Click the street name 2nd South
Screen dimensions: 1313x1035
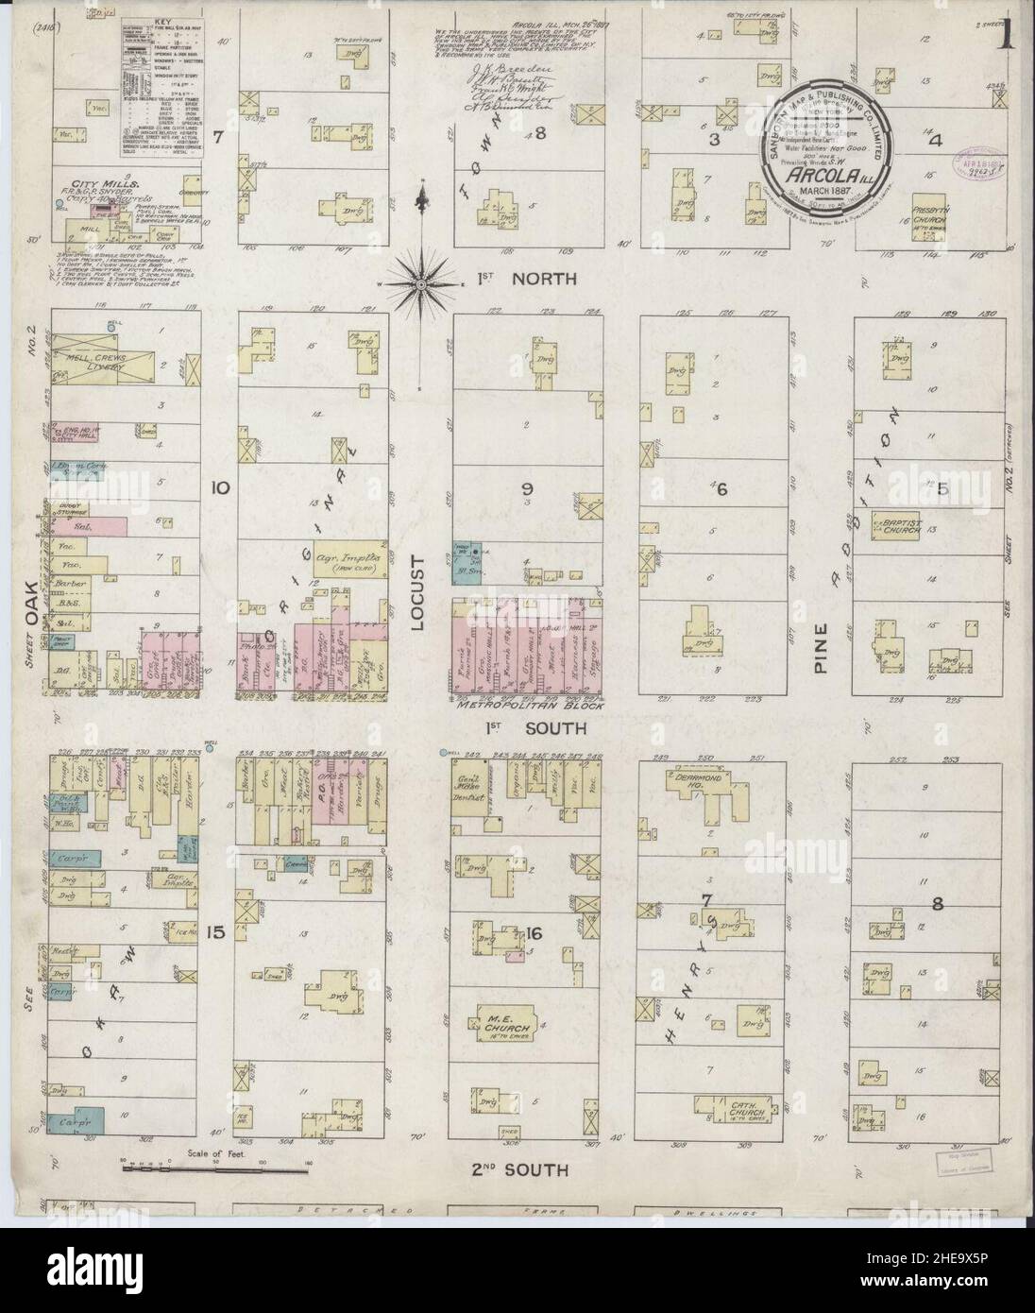(x=518, y=1170)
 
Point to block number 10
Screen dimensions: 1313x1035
(x=221, y=488)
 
